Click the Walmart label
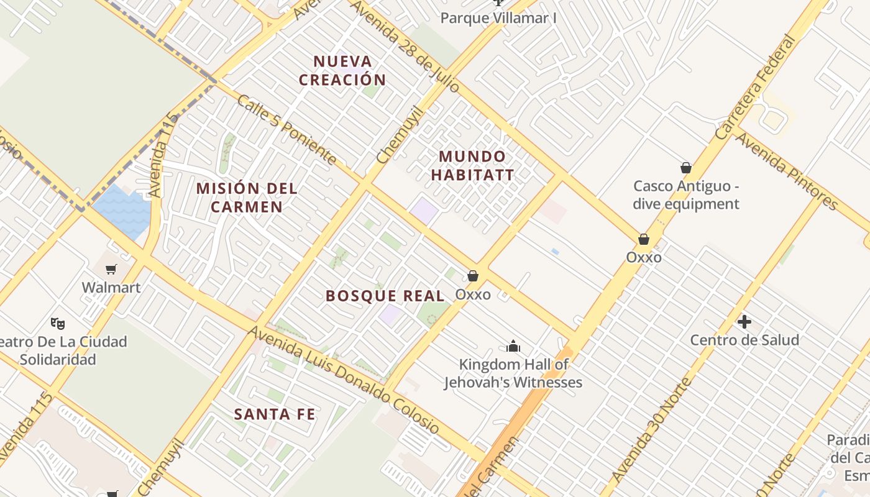[111, 288]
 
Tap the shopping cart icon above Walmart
[111, 269]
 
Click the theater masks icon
[58, 323]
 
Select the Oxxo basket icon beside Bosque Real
[473, 276]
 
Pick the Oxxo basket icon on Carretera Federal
[644, 239]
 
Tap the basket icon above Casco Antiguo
[686, 168]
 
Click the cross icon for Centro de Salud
[744, 322]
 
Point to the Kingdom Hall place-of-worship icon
[513, 346]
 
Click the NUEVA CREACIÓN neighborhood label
[342, 70]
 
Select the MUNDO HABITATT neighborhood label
[472, 165]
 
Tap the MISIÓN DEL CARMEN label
[247, 197]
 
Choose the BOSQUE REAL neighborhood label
[385, 296]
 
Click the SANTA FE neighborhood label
[275, 414]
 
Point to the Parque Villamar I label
[498, 18]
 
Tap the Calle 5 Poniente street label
[286, 130]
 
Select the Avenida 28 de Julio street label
[405, 45]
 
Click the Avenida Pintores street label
[787, 171]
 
